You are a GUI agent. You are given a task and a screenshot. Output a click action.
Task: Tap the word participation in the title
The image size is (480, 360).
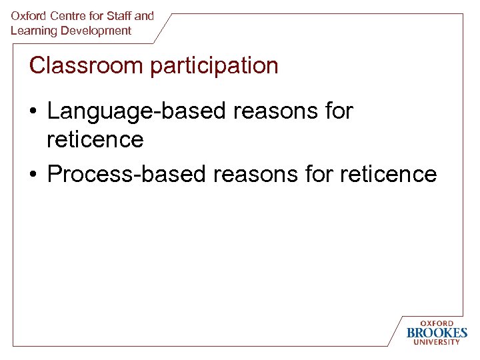coord(215,66)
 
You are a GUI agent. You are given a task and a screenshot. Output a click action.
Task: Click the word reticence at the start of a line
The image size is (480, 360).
coord(95,139)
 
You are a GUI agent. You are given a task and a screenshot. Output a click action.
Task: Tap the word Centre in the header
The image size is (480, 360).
coord(65,15)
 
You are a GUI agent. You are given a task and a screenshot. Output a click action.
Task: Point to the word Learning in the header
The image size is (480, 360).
coord(32,31)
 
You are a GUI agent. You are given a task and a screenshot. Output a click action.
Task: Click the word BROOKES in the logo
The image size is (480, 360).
coord(437,333)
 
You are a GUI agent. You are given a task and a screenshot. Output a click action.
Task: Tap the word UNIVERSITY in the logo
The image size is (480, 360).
coord(437,342)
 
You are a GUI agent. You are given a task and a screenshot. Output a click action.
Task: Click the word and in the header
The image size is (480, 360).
coord(144,15)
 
